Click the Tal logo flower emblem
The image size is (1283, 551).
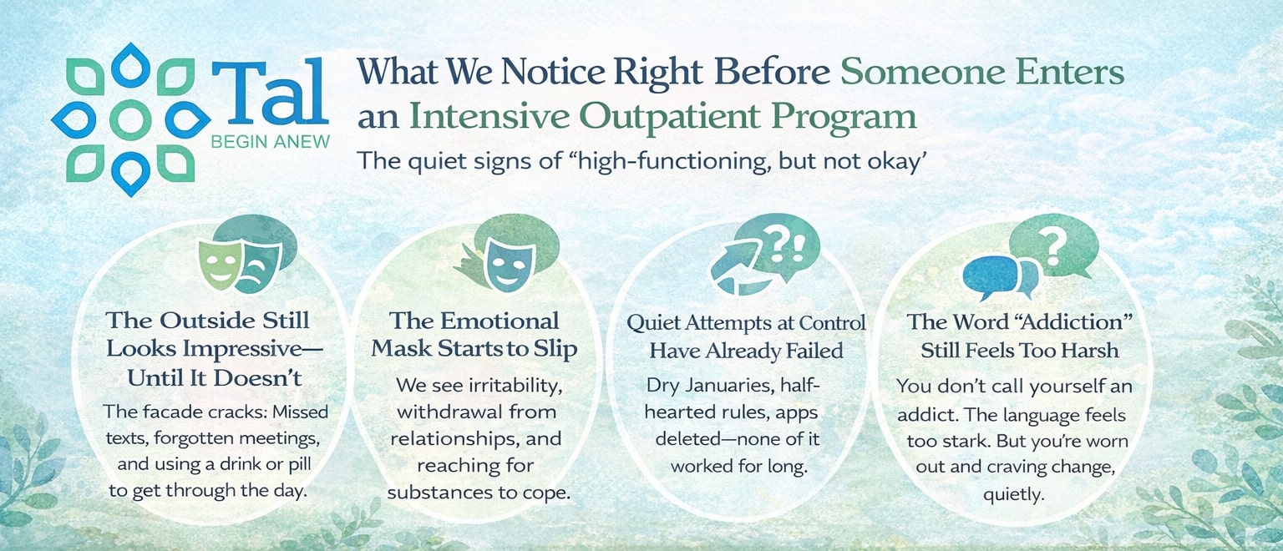pos(129,119)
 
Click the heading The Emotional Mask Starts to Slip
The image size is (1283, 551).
pos(474,335)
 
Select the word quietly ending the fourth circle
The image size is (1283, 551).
pos(1012,494)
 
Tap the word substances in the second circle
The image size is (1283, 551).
pos(438,492)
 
